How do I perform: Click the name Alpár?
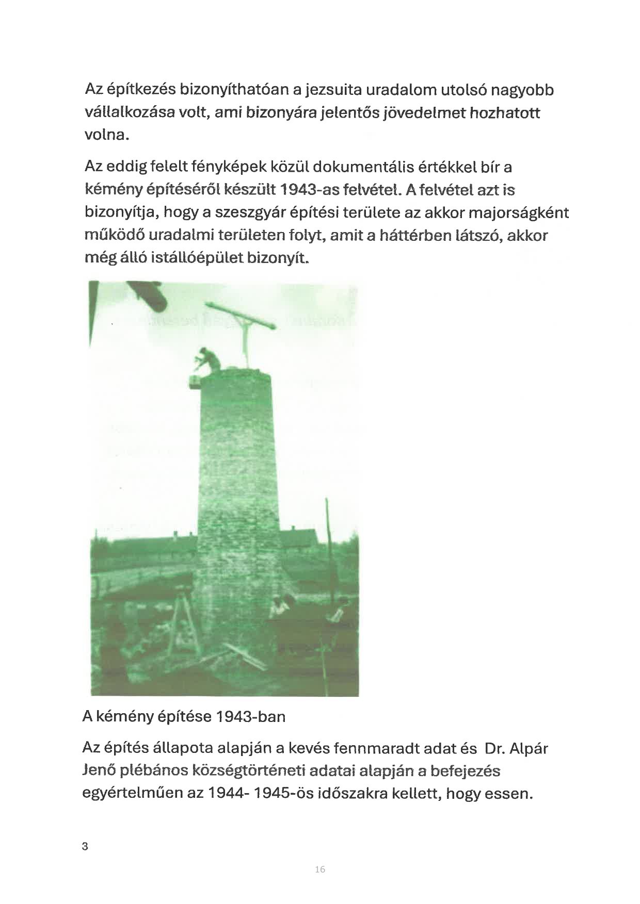point(527,748)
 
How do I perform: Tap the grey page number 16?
point(319,869)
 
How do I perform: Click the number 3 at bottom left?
point(85,846)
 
